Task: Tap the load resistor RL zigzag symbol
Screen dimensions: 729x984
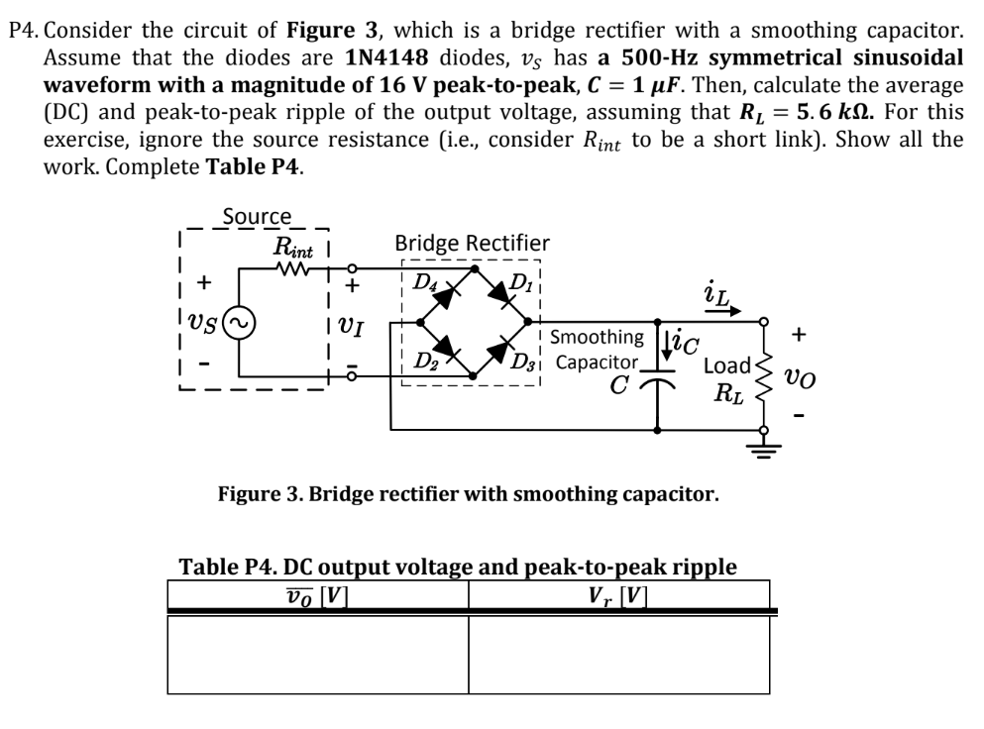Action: (x=764, y=374)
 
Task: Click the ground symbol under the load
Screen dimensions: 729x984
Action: (x=763, y=445)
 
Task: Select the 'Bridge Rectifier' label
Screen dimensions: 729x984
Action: (x=472, y=243)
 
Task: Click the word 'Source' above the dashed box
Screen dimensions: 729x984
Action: (x=257, y=215)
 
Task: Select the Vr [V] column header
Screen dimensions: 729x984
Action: (x=619, y=595)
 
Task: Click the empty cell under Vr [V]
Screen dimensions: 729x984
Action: (x=619, y=655)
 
